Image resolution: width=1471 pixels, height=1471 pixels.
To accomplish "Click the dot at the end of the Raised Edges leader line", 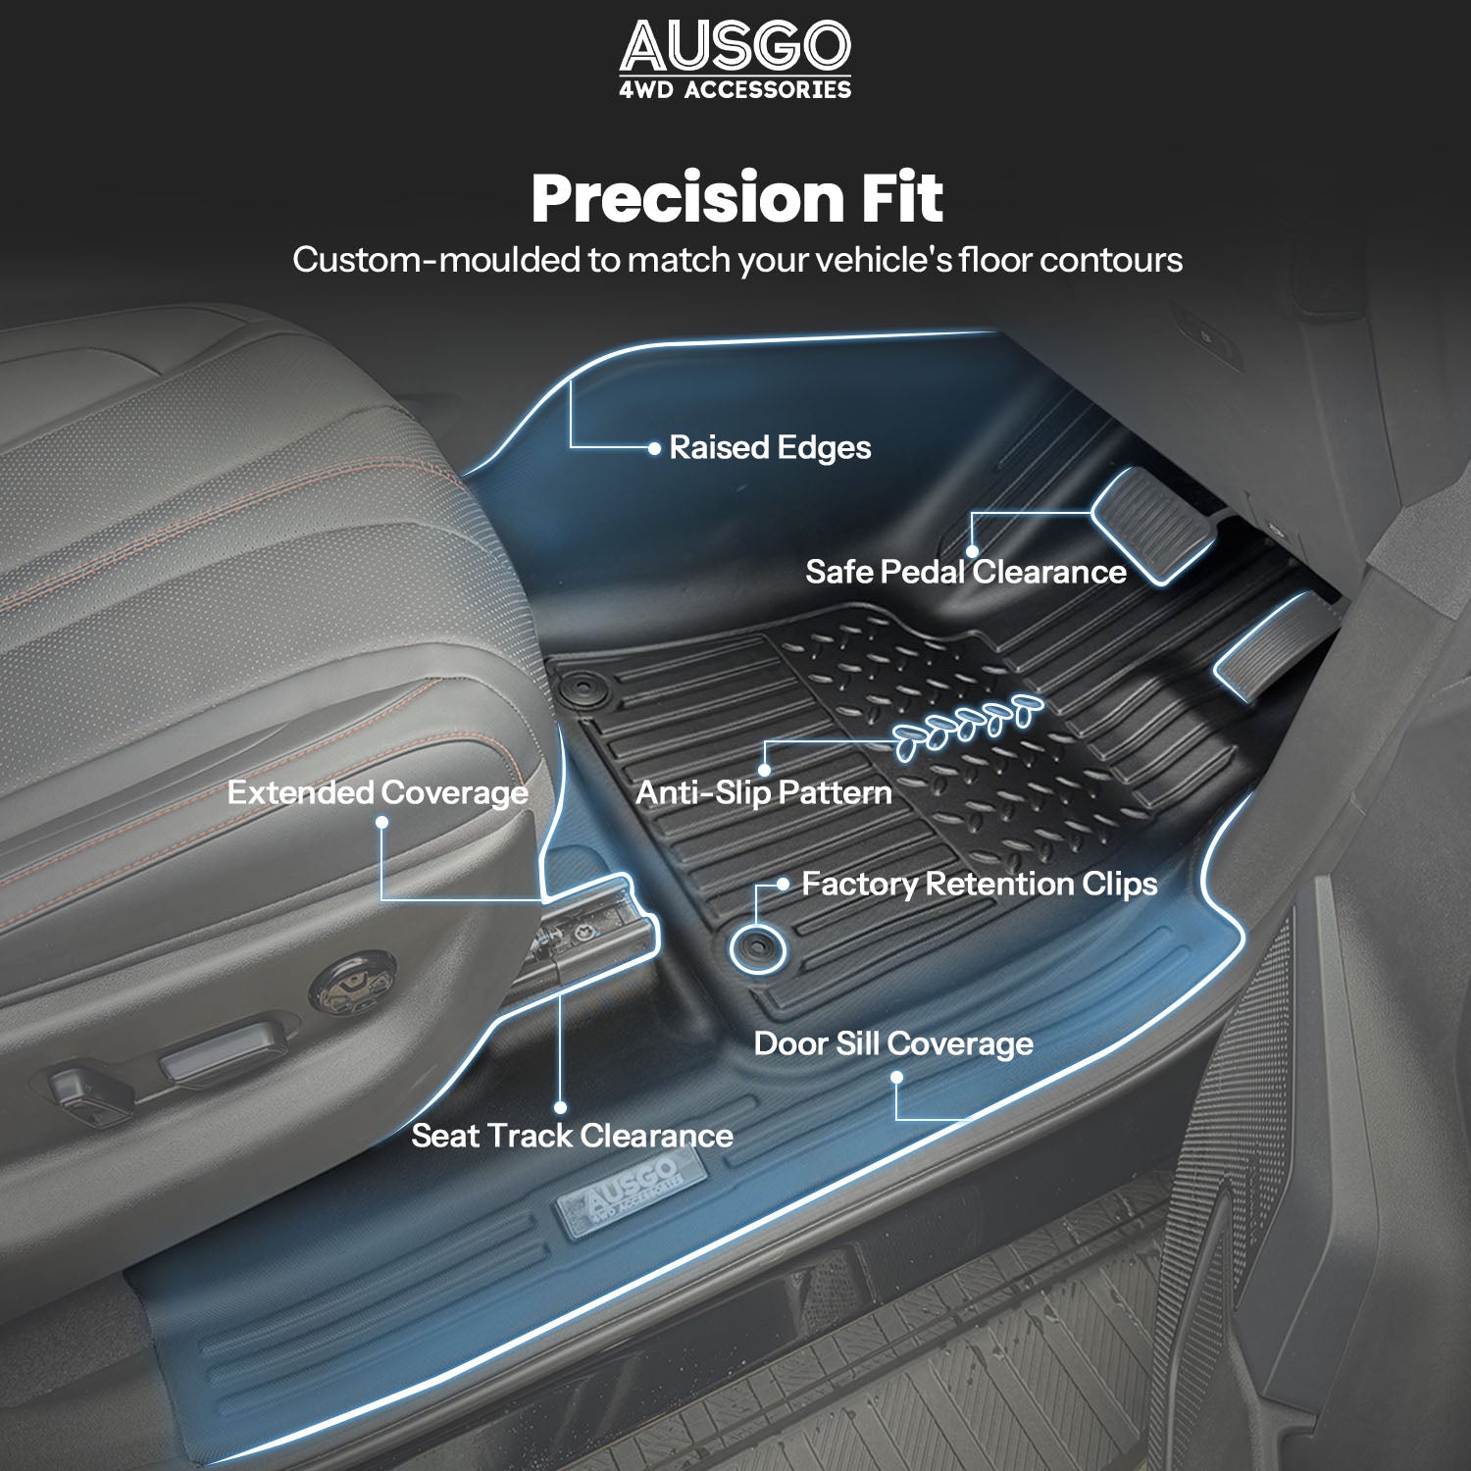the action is click(654, 448).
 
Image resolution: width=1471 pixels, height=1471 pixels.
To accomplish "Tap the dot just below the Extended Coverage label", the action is click(381, 822).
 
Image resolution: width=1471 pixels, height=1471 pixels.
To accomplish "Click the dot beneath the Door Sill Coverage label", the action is click(896, 1077).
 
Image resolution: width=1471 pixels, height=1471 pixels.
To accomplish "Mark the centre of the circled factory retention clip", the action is click(758, 944).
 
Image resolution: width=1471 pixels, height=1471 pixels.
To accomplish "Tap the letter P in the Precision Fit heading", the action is click(556, 199).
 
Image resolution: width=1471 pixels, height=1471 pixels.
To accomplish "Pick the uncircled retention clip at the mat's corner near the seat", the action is click(586, 688).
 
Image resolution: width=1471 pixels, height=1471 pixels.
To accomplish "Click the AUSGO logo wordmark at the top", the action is click(735, 47).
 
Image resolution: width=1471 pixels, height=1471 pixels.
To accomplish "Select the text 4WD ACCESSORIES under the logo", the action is click(735, 89).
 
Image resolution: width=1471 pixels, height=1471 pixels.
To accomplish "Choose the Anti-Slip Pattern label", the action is click(764, 792).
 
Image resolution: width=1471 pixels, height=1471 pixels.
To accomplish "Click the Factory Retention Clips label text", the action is click(980, 885).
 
